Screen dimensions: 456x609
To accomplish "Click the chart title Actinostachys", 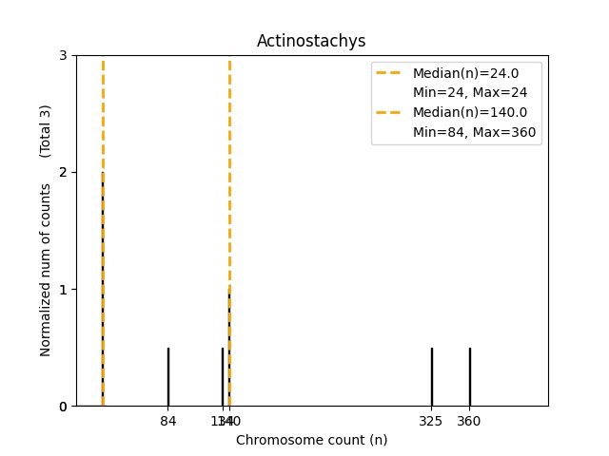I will (311, 41).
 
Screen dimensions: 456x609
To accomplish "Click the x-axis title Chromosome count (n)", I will (311, 440).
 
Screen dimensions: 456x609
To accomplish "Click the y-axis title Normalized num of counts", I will (46, 270).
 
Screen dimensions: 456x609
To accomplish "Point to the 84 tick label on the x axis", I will (168, 421).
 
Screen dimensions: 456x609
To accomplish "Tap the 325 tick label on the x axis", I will (431, 421).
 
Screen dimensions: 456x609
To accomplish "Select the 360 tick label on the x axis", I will (469, 421).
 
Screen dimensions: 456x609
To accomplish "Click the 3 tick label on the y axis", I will (64, 55).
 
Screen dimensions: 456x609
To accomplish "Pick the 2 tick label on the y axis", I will (64, 172).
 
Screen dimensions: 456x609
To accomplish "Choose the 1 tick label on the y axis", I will (64, 289).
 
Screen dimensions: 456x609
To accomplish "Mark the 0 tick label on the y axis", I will (64, 407).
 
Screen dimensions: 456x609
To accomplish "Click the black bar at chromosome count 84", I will (168, 377).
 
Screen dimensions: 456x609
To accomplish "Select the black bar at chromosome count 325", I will (431, 377).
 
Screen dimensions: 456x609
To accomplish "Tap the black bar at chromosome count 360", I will (469, 377).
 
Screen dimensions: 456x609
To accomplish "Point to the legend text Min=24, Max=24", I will (469, 93).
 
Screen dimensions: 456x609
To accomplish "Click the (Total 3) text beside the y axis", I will (46, 130).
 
